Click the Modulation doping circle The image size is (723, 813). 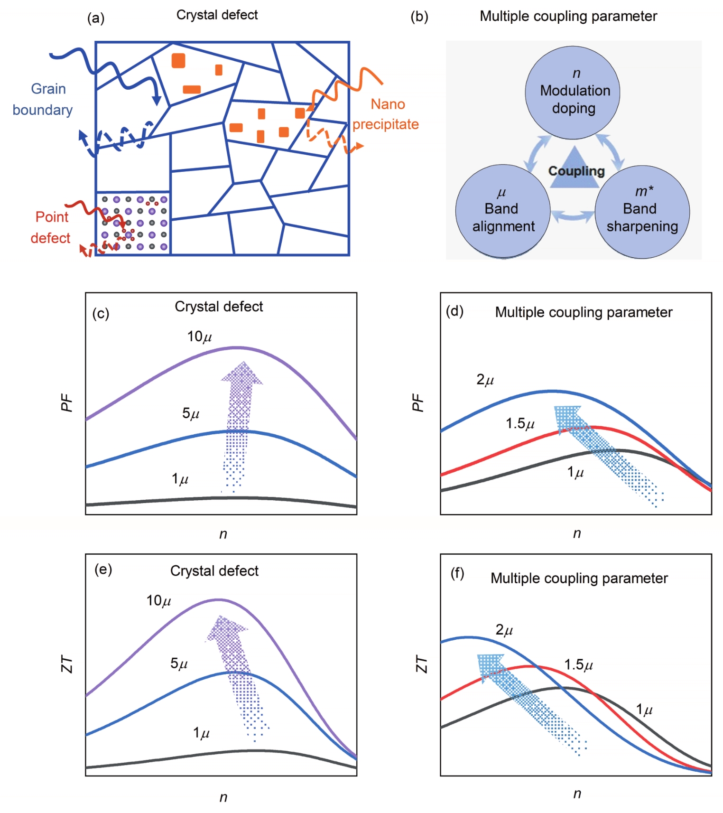573,93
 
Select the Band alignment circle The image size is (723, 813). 503,211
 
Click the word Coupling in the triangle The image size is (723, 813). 576,171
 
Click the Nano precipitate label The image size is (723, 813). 386,114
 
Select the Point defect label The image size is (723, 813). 50,227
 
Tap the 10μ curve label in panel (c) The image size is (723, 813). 199,337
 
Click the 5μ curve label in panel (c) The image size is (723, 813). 191,413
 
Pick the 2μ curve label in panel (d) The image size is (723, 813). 485,380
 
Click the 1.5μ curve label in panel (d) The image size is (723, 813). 520,423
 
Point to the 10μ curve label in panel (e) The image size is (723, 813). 158,601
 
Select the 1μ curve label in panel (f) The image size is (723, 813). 644,710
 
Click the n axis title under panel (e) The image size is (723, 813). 223,797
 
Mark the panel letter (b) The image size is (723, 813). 419,17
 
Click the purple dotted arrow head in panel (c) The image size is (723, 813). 242,373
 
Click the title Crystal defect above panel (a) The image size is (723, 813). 217,15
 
